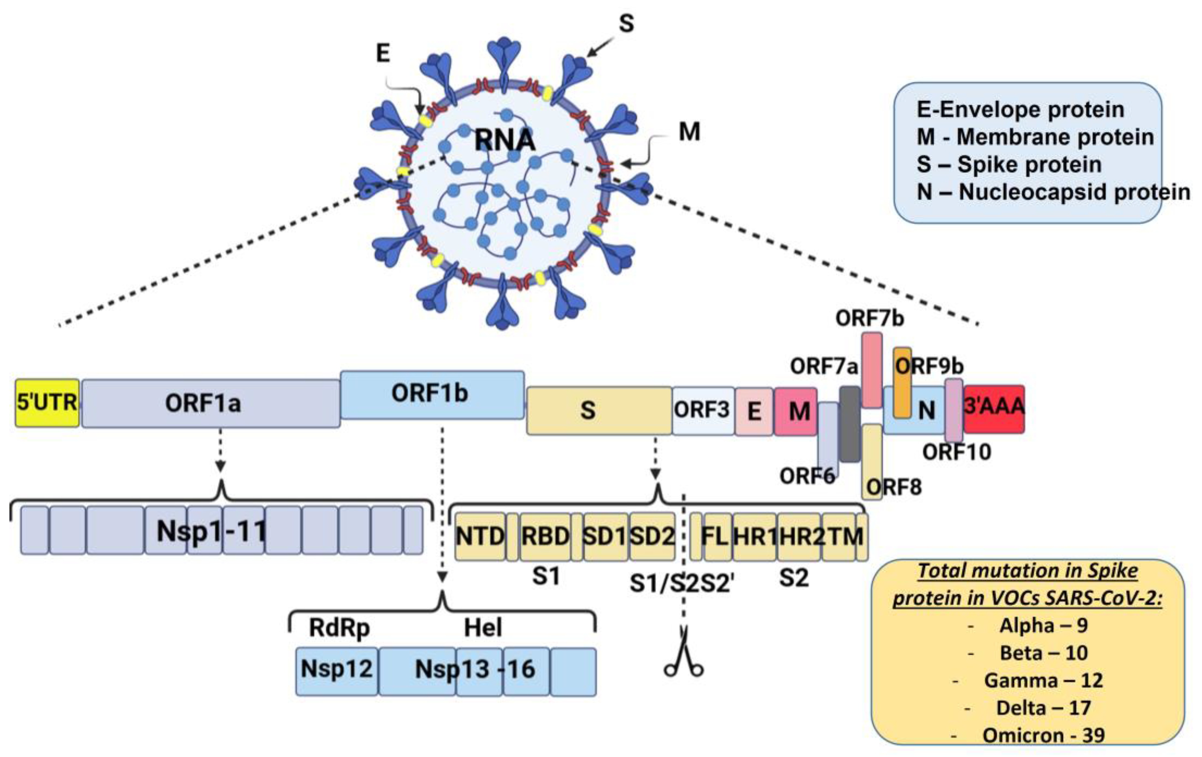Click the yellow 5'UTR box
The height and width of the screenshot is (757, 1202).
pyautogui.click(x=47, y=403)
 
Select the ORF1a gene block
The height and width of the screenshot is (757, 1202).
pyautogui.click(x=210, y=403)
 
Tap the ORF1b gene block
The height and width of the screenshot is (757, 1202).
pyautogui.click(x=432, y=395)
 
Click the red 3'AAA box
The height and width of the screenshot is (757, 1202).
pyautogui.click(x=994, y=408)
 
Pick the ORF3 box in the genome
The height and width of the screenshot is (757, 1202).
pyautogui.click(x=703, y=411)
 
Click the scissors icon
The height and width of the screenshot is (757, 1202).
pyautogui.click(x=683, y=659)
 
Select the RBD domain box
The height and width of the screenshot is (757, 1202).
pyautogui.click(x=545, y=537)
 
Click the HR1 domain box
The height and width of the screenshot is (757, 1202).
pyautogui.click(x=754, y=537)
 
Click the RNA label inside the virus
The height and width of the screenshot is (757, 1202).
pyautogui.click(x=504, y=140)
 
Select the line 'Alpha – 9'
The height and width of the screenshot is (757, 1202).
pyautogui.click(x=1043, y=625)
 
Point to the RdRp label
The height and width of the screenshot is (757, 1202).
pyautogui.click(x=339, y=628)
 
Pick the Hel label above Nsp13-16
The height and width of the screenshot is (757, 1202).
pyautogui.click(x=483, y=628)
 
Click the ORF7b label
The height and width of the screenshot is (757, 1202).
pyautogui.click(x=869, y=318)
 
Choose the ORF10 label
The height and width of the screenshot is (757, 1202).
pyautogui.click(x=956, y=452)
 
